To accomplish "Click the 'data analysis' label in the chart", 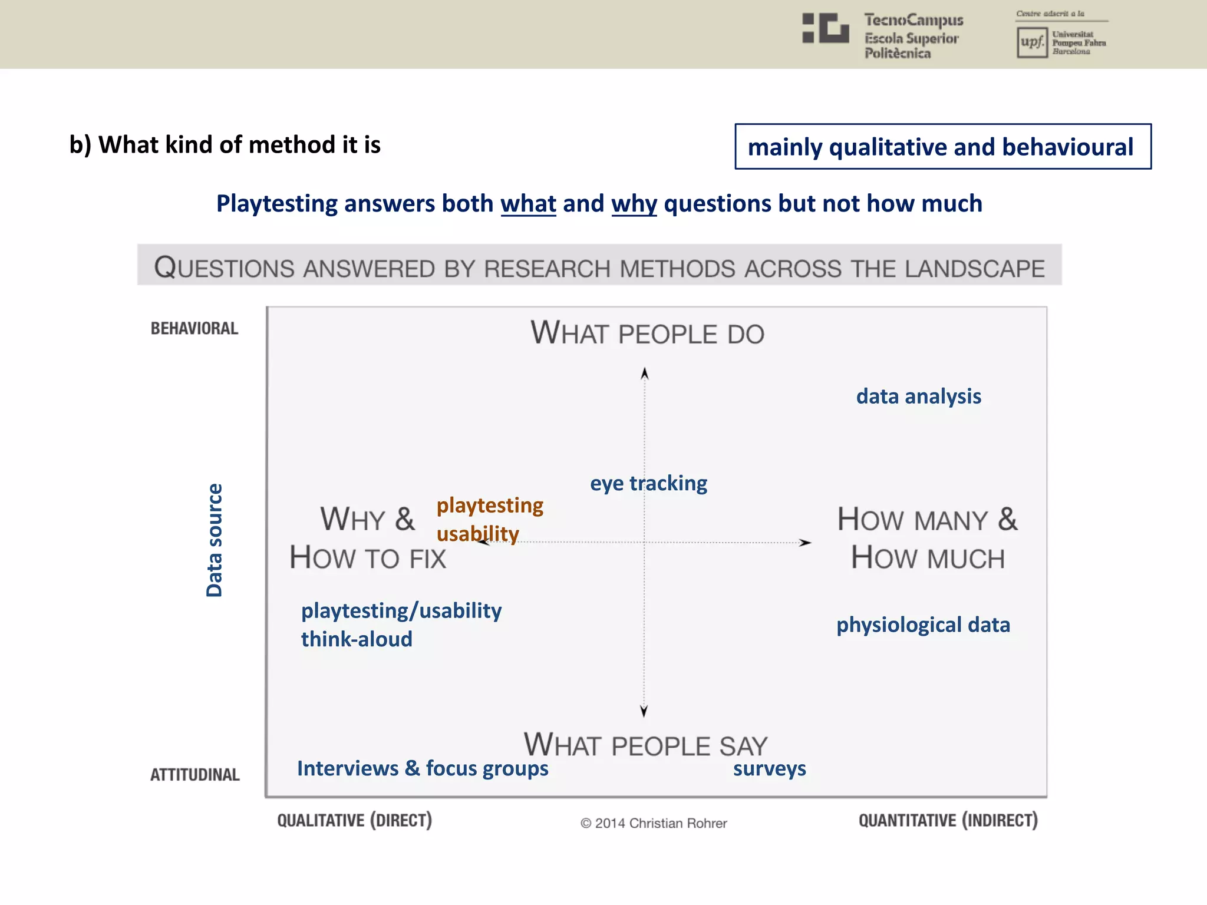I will [918, 397].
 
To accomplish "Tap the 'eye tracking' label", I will [648, 483].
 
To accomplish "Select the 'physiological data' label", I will [923, 625].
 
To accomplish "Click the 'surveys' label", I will [769, 768].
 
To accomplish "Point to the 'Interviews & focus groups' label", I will [423, 768].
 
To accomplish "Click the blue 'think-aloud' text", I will [357, 639].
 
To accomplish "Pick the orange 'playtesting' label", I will [490, 506].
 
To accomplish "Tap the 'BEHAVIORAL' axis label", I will [194, 328].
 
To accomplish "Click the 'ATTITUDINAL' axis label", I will [195, 774].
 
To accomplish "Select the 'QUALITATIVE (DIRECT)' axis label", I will [355, 820].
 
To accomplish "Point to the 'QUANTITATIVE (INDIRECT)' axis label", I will [948, 820].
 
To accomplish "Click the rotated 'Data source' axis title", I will [215, 540].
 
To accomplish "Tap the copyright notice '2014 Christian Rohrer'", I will [654, 823].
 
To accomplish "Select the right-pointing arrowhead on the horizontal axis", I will [805, 542].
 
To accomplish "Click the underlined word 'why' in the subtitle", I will [634, 204].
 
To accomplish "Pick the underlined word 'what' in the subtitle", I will [528, 204].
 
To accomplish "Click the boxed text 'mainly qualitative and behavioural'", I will [942, 147].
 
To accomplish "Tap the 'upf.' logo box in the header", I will [1032, 42].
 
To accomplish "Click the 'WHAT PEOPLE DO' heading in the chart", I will [647, 333].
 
